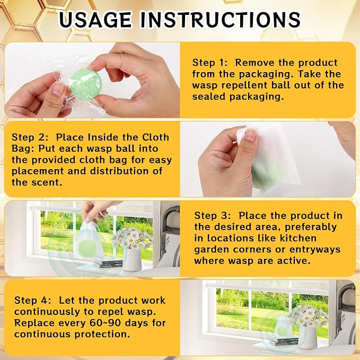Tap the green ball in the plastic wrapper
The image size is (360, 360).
(86, 84)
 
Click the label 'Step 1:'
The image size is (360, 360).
(210, 63)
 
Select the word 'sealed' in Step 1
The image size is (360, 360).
(209, 96)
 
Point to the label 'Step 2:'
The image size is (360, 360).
(30, 137)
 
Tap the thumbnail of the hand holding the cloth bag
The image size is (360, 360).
(268, 159)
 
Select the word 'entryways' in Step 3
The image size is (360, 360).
(315, 250)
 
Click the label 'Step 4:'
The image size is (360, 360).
(32, 300)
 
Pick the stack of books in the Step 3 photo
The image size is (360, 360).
(108, 262)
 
